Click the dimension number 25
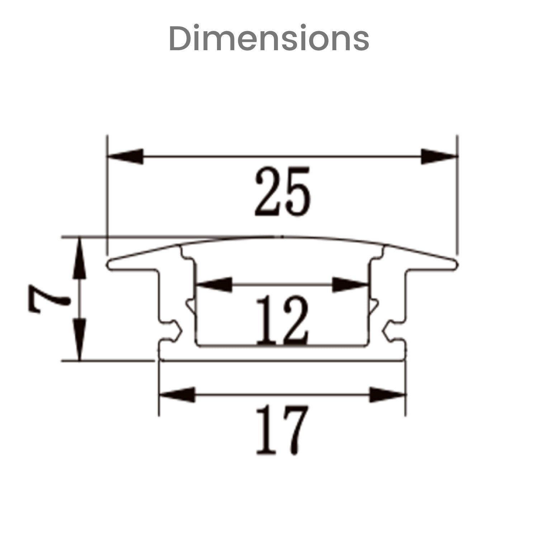(282, 191)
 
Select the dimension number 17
(282, 430)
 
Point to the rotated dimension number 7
(48, 299)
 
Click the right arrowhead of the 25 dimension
(440, 156)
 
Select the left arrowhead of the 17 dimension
(177, 395)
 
